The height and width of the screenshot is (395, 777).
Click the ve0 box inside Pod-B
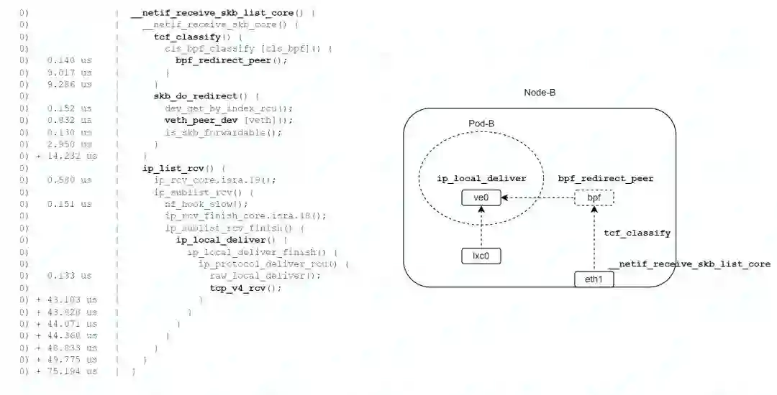[x=481, y=197]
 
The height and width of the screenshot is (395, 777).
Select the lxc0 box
[x=481, y=255]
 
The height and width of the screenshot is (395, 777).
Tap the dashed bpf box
[x=594, y=197]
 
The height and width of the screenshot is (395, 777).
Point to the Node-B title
[x=540, y=93]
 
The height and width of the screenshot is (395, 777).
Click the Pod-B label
[x=481, y=123]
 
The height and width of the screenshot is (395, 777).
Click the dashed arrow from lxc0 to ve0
[x=481, y=226]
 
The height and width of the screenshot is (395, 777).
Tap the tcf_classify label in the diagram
[x=637, y=233]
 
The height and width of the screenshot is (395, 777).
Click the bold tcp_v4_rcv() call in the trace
[x=240, y=288]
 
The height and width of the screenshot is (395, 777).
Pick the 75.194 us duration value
[x=71, y=371]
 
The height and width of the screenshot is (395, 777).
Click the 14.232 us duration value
[x=71, y=156]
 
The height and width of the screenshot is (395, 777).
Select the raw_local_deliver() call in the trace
[x=265, y=276]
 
